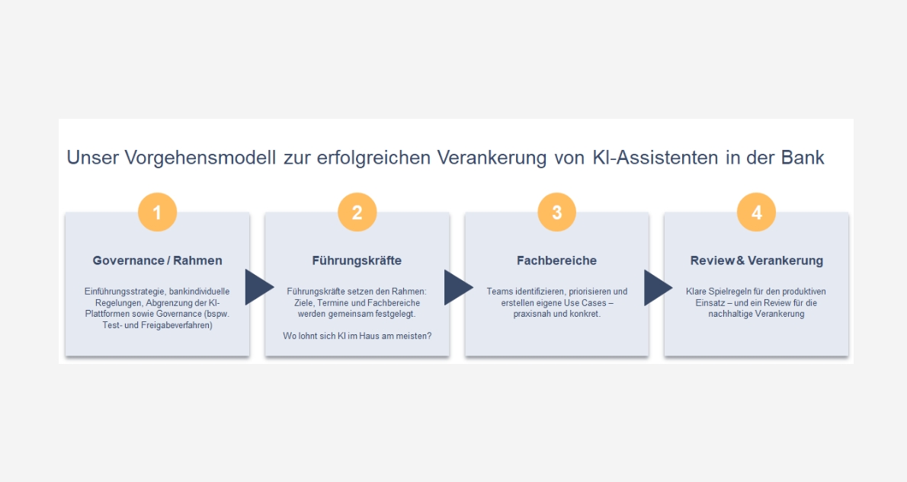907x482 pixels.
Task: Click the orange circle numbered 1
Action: tap(157, 212)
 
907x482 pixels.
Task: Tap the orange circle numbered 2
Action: tap(357, 212)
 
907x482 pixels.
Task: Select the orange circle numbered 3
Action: tap(556, 212)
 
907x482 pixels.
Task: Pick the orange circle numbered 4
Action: tap(756, 212)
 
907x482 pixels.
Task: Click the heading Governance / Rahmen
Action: tap(157, 260)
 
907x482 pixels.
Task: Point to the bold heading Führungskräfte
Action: tap(357, 260)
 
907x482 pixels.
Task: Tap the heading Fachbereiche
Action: tap(556, 260)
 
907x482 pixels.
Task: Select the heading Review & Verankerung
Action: tap(757, 260)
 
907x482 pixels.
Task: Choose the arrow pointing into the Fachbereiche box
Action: tap(458, 287)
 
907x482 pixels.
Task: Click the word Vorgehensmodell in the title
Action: tap(200, 158)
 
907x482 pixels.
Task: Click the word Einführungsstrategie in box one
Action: tap(124, 292)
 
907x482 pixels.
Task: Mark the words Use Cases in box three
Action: tap(585, 303)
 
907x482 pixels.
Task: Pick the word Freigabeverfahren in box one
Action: tap(175, 325)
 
